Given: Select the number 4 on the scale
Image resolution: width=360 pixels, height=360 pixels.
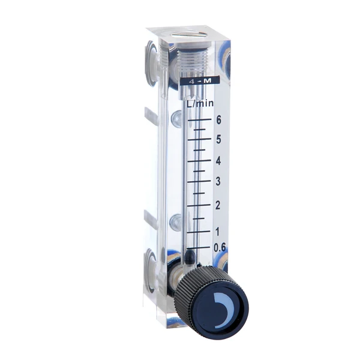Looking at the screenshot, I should tap(219, 161).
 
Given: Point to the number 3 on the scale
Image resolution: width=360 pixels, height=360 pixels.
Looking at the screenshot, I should tap(219, 182).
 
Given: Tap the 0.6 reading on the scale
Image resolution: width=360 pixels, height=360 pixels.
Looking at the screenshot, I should tap(220, 247).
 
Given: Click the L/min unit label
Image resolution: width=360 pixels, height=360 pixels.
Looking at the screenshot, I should tap(201, 103).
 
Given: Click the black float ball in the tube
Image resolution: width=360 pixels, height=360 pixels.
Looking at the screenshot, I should tap(190, 257).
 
